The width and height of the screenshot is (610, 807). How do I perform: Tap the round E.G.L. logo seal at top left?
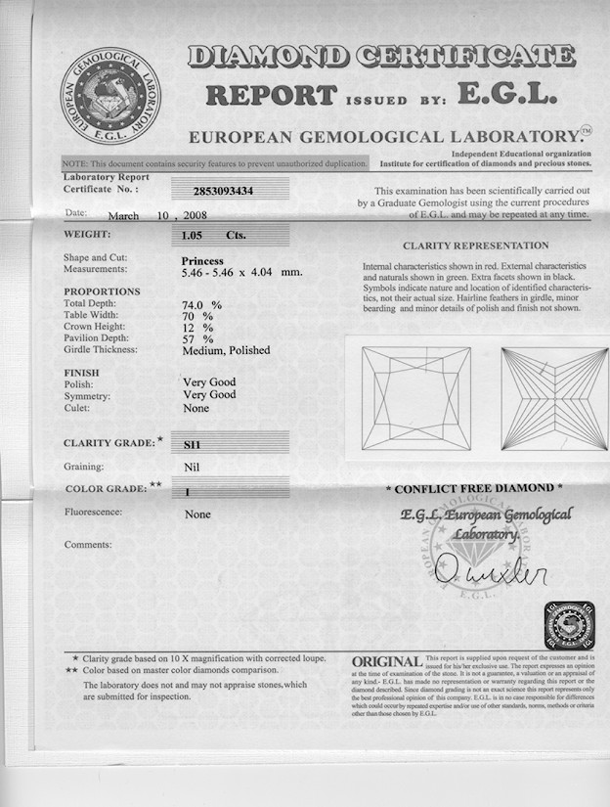coord(110,95)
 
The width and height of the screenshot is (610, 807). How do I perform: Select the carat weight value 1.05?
coord(196,235)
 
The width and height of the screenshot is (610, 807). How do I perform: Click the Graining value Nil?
coord(192,468)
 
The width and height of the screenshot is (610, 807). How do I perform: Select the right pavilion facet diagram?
coord(553,399)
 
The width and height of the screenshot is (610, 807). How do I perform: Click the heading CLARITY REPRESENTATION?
coord(475,246)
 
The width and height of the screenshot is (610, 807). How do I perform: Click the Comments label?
coord(88,544)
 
